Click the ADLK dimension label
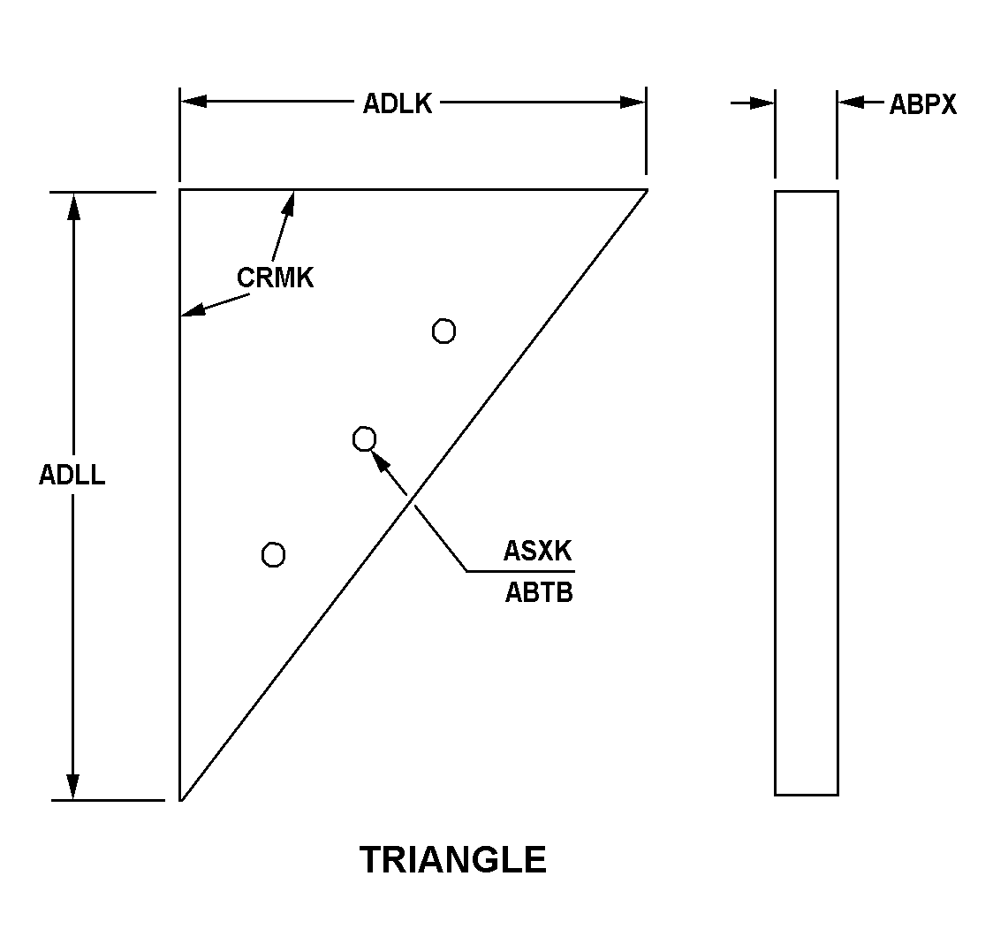[398, 103]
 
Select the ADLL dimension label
[72, 475]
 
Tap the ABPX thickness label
[922, 104]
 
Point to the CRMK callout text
[275, 278]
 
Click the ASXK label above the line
[537, 551]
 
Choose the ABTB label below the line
[538, 592]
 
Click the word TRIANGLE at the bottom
[453, 859]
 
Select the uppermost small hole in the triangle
[443, 331]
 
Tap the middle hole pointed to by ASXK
[364, 438]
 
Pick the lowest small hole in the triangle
[274, 554]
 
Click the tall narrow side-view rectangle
[806, 492]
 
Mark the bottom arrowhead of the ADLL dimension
[73, 786]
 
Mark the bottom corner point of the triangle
[181, 799]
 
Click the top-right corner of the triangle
[646, 189]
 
